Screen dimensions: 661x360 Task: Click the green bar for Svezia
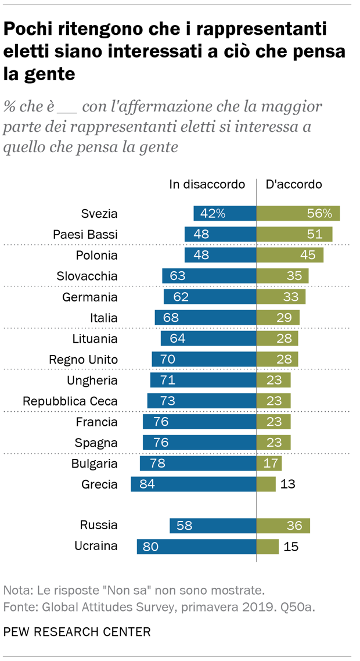pos(298,214)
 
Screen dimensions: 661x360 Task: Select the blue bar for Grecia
pos(193,484)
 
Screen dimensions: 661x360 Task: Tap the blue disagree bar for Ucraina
pos(196,547)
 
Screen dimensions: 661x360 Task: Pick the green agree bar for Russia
pos(283,526)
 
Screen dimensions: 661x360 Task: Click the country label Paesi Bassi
pos(85,235)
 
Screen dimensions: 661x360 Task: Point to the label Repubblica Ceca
pos(70,401)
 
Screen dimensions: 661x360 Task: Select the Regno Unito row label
pos(84,360)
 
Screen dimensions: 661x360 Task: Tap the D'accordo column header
pos(293,184)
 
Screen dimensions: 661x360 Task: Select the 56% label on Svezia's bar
pos(320,214)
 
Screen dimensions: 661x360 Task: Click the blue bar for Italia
pos(206,318)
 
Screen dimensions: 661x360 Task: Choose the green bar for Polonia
pos(290,255)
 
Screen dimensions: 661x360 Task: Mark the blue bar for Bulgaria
pos(198,464)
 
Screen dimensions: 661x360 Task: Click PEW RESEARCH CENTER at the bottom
pos(77,631)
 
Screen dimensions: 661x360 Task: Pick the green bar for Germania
pos(280,297)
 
